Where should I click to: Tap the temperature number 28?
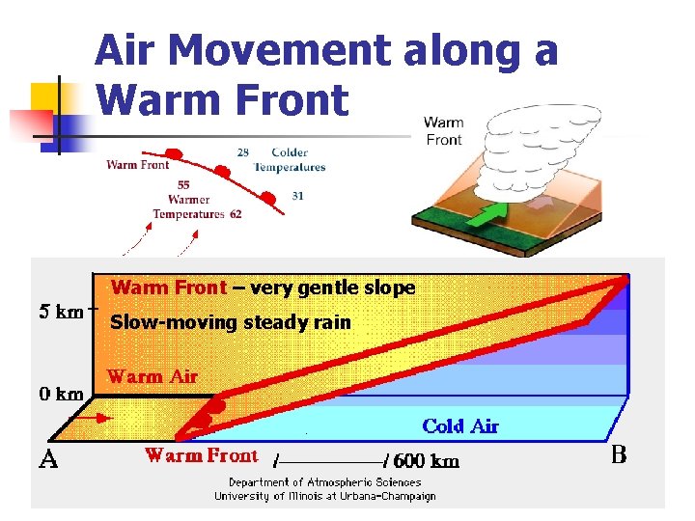click(x=242, y=152)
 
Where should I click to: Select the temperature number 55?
click(x=183, y=185)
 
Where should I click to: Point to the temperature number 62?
click(x=236, y=214)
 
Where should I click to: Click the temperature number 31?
click(x=298, y=196)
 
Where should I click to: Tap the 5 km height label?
click(x=60, y=313)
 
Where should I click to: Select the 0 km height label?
click(x=60, y=394)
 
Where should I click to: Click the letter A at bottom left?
click(x=49, y=459)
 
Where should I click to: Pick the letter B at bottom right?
click(x=620, y=454)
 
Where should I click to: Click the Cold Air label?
click(x=460, y=425)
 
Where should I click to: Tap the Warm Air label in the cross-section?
click(x=153, y=376)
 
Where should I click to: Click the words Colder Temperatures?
click(x=290, y=159)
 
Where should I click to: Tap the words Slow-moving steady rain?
click(x=231, y=322)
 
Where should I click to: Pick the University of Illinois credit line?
click(x=324, y=496)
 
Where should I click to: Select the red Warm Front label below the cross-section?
click(x=202, y=455)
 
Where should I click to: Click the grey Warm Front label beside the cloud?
click(x=444, y=131)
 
